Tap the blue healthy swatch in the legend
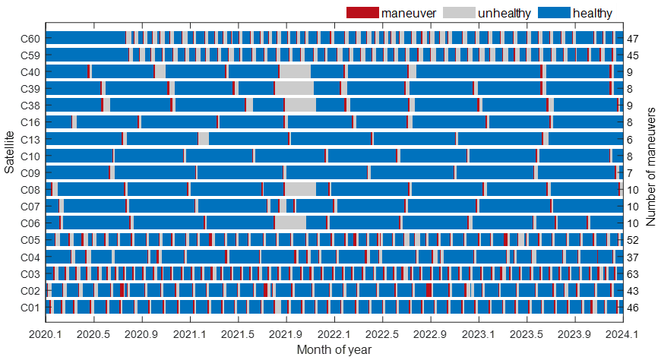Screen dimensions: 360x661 tap(553, 12)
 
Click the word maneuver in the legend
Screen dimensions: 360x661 tap(408, 13)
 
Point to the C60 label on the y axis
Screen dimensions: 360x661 tap(31, 38)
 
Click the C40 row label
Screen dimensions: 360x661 tap(31, 71)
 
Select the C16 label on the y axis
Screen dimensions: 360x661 tap(31, 122)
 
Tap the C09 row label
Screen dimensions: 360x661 tap(31, 172)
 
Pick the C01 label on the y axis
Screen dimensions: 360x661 tap(31, 308)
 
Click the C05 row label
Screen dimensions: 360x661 tap(31, 240)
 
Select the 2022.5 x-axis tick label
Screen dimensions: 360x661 tap(382, 334)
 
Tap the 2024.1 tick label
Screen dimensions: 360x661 tap(622, 334)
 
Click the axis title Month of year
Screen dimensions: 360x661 tap(334, 349)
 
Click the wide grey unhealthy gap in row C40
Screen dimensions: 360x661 tap(295, 71)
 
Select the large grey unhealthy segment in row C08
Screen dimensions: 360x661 tap(300, 189)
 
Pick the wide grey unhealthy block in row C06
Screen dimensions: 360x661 tap(290, 223)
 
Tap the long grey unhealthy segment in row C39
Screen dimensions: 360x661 tap(294, 88)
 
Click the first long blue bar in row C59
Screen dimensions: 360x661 tap(88, 55)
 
